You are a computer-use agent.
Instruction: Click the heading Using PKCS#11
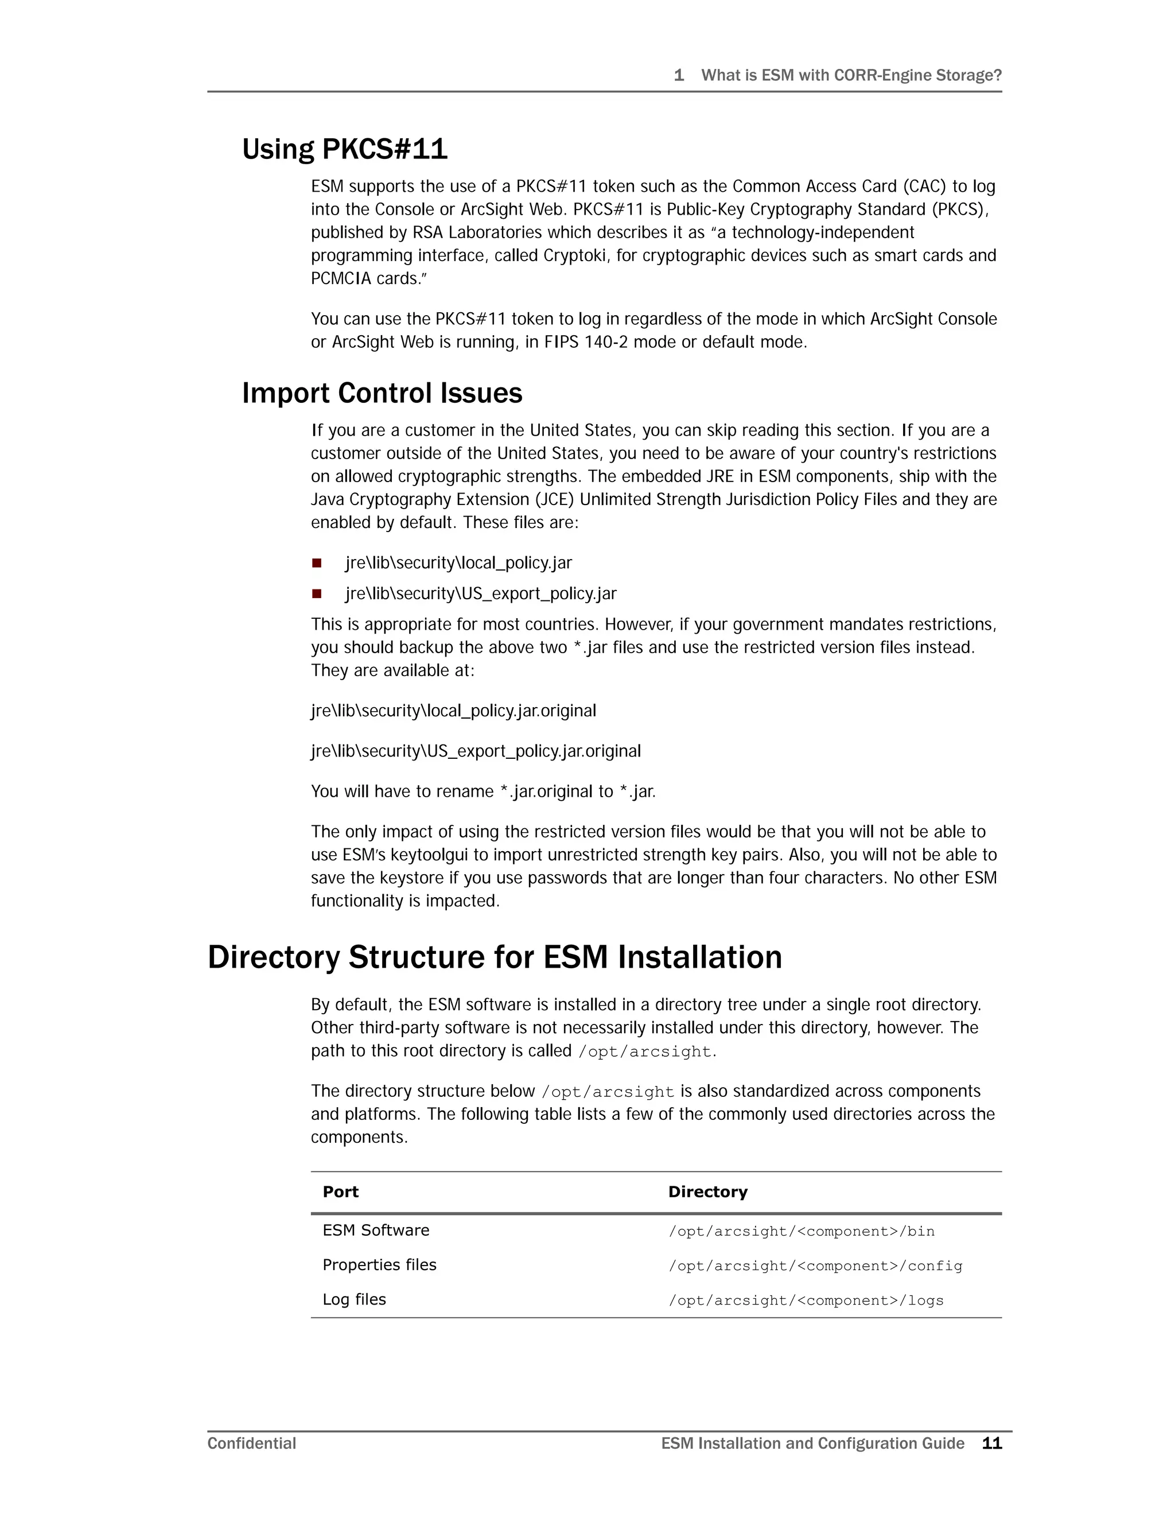[345, 149]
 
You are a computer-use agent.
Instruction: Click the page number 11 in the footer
[991, 1443]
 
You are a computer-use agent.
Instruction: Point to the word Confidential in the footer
[251, 1443]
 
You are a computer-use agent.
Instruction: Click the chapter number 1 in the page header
[679, 75]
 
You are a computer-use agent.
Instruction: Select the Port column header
[340, 1192]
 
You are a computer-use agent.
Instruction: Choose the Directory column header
[707, 1192]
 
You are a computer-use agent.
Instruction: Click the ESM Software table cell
[376, 1231]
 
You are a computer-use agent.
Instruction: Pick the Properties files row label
[379, 1264]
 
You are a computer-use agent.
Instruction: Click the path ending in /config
[815, 1266]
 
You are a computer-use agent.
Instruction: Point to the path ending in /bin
[801, 1231]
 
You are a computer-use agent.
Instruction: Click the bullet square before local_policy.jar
[317, 562]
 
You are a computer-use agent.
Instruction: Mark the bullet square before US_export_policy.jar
[317, 593]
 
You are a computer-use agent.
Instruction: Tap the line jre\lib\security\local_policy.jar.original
[453, 711]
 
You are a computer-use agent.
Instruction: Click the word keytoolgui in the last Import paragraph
[429, 855]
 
